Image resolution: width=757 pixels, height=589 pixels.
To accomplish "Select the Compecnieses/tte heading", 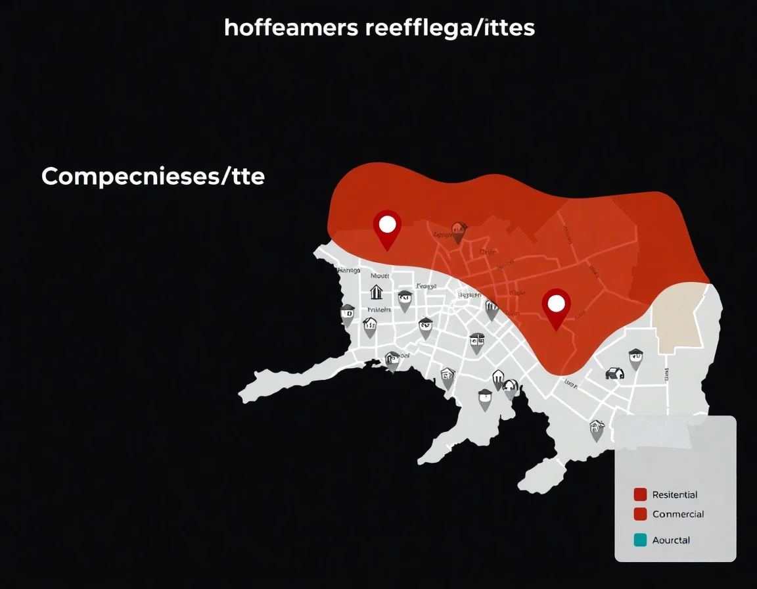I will click(153, 176).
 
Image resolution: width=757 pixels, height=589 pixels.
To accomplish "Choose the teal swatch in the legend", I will click(640, 540).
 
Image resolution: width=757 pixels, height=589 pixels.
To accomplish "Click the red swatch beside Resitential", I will click(640, 495).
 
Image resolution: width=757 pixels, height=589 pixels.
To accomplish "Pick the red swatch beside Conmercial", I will click(640, 514).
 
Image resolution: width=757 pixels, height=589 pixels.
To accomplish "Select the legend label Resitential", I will click(675, 495).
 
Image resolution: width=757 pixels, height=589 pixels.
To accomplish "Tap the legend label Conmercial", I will click(678, 514).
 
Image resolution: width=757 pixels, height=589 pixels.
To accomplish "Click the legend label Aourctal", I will click(671, 540).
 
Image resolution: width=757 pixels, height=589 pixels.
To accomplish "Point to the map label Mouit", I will click(380, 276).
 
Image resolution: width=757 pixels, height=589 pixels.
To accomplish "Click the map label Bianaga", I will click(348, 270).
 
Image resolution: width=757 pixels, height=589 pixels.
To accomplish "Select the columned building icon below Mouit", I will click(377, 292).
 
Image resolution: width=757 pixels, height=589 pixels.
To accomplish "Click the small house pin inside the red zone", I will click(458, 231).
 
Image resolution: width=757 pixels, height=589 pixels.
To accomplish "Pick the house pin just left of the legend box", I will click(597, 429).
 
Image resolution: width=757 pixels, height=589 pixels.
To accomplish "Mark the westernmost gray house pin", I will click(348, 314).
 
